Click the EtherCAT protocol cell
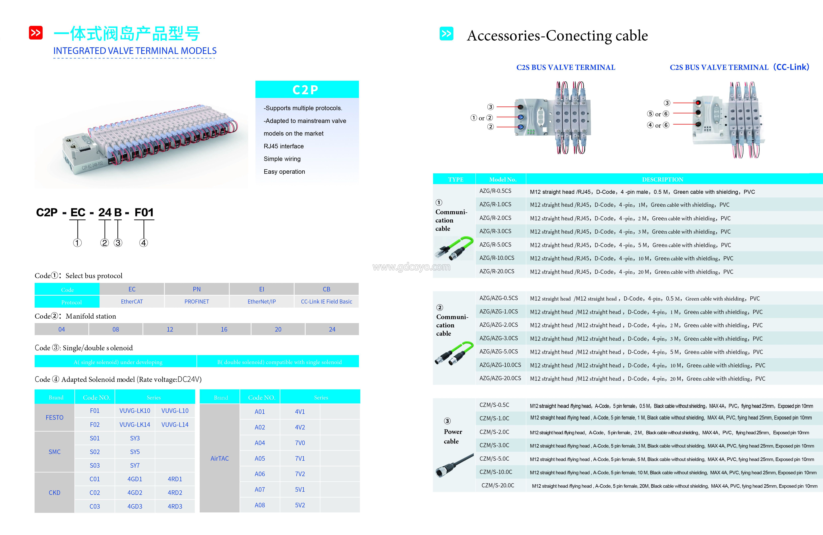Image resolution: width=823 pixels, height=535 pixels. (132, 302)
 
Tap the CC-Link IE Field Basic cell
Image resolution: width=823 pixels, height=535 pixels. (326, 302)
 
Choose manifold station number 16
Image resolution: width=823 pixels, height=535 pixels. (224, 329)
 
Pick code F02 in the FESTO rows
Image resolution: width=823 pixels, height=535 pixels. (95, 425)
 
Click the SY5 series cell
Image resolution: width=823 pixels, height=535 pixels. (135, 452)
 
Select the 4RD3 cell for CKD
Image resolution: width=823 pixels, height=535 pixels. (175, 506)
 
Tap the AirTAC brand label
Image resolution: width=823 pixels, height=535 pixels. (220, 459)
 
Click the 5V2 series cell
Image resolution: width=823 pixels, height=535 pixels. (300, 505)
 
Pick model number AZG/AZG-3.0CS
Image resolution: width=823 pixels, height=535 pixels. (499, 338)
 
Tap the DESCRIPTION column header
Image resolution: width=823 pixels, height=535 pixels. (663, 180)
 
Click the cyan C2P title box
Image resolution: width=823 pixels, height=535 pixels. (307, 90)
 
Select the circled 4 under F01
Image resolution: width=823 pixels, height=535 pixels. (143, 243)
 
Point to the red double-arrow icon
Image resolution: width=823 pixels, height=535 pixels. (36, 33)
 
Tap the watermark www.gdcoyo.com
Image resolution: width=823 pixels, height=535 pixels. (411, 267)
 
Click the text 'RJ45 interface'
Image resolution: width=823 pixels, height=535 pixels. (284, 146)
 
